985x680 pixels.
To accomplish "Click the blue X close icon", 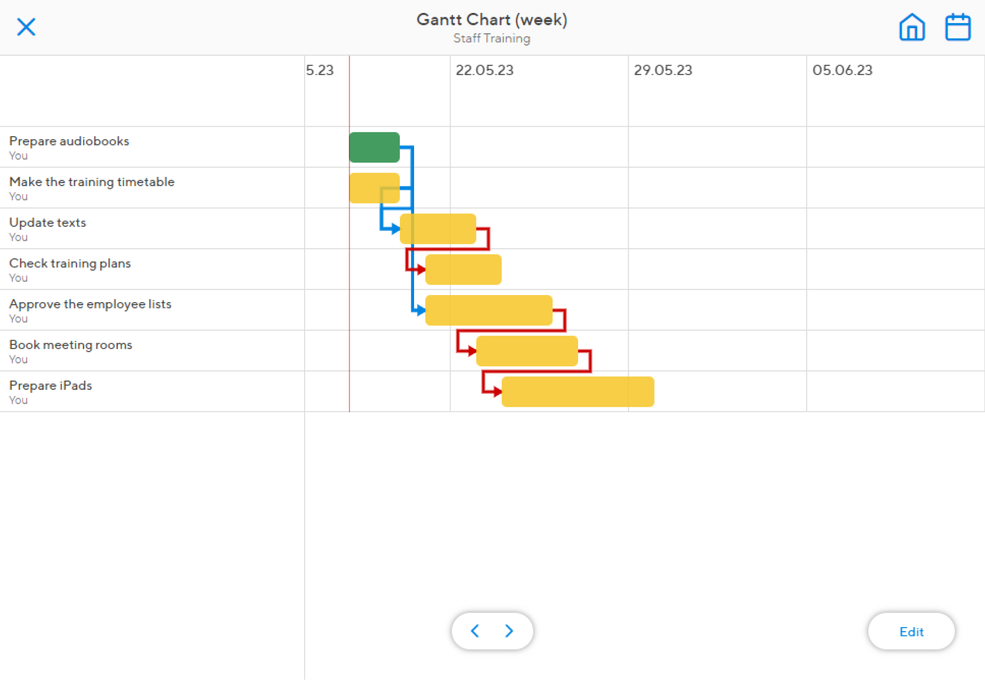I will pos(26,27).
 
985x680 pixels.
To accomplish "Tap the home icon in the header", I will pos(912,27).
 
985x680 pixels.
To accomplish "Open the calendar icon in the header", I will pos(958,27).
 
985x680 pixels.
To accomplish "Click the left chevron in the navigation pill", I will pos(475,631).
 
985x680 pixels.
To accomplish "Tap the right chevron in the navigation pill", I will pos(509,631).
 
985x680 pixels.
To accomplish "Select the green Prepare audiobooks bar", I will pos(374,147).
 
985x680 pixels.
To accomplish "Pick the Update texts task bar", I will pos(438,229).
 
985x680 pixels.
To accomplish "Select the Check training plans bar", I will pos(463,270).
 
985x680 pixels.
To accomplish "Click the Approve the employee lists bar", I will pos(489,310).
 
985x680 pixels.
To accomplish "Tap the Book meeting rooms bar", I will pos(527,351).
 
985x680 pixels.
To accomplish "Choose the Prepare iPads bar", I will pos(578,392).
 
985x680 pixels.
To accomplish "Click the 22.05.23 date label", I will pos(484,70).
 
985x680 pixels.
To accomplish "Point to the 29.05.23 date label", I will pos(663,70).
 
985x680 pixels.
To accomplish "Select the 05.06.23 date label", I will pos(842,70).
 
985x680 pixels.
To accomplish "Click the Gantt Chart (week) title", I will pos(492,20).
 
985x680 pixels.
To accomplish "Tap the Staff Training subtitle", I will pos(492,38).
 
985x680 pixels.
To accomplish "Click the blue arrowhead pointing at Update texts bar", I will pos(395,229).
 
